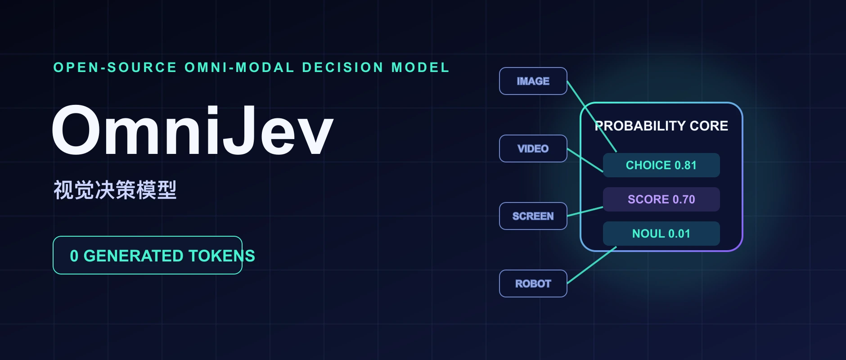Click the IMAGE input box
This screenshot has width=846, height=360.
pos(533,81)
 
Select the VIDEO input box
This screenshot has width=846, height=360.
pos(533,148)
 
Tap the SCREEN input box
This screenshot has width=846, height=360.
pos(533,216)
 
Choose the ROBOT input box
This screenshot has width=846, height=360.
pos(533,283)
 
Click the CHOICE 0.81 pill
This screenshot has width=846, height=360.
pos(661,165)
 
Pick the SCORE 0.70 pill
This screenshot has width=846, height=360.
pos(661,199)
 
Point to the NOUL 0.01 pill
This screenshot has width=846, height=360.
pos(661,234)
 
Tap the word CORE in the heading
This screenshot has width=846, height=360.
pos(709,126)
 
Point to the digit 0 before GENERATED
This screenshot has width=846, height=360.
pos(74,256)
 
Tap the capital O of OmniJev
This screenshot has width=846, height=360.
pos(76,130)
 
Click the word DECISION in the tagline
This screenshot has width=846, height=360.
pos(343,67)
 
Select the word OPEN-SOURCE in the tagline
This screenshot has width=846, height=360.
pos(115,67)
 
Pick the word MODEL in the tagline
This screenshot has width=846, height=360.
pos(421,67)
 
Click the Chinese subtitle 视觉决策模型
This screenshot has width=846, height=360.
pos(115,190)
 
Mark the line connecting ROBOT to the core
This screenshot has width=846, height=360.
pos(592,265)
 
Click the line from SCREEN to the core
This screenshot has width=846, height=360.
pos(585,211)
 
